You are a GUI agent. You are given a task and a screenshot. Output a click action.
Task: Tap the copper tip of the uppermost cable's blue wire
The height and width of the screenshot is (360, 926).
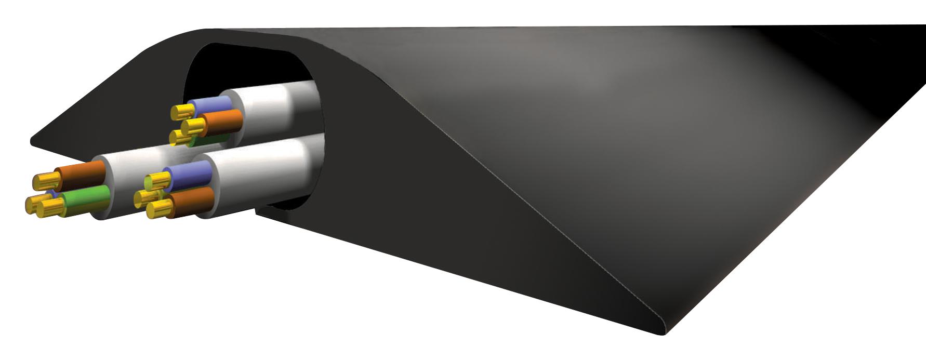click(182, 110)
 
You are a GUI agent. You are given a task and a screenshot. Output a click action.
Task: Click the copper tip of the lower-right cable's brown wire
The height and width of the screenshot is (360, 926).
click(159, 209)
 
